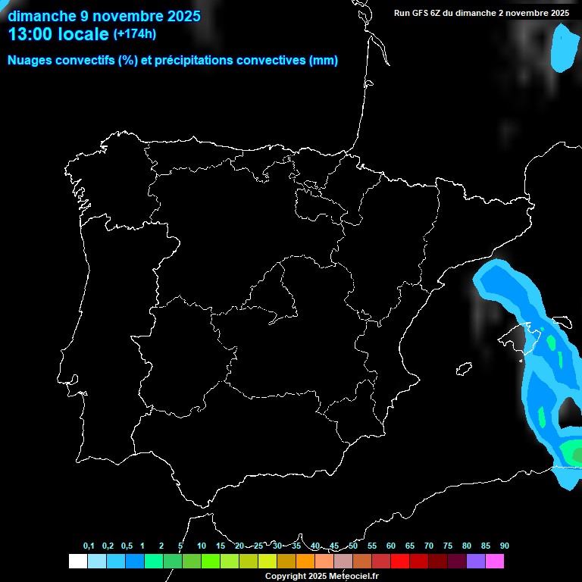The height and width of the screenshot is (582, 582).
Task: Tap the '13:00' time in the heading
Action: pyautogui.click(x=31, y=34)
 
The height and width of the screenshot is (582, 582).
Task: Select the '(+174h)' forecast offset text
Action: pyautogui.click(x=135, y=33)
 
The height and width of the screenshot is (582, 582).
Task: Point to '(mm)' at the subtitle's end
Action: pyautogui.click(x=324, y=61)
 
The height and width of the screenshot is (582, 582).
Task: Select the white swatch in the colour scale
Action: pyautogui.click(x=77, y=562)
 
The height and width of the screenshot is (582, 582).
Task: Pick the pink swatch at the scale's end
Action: pyautogui.click(x=494, y=562)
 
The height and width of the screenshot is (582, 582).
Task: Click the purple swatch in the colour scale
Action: pyautogui.click(x=475, y=562)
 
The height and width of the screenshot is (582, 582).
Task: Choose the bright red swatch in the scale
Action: pyautogui.click(x=399, y=562)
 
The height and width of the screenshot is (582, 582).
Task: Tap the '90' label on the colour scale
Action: pyautogui.click(x=505, y=546)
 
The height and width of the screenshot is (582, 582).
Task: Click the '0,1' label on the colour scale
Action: pyautogui.click(x=89, y=546)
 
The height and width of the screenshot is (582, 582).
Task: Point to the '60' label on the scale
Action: pyautogui.click(x=391, y=546)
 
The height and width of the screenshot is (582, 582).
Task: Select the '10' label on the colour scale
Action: pyautogui.click(x=202, y=546)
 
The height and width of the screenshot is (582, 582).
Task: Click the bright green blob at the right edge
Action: pyautogui.click(x=573, y=453)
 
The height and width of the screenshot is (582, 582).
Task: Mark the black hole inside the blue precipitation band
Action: pyautogui.click(x=569, y=413)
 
